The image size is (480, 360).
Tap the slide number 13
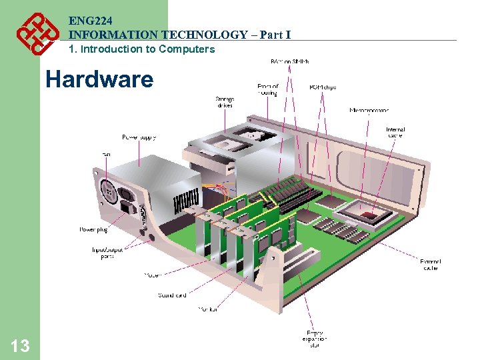20,345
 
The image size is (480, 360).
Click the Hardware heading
99,79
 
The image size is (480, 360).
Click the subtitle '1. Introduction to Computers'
142,49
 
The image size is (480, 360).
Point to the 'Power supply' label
139,137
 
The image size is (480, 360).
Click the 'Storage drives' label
224,102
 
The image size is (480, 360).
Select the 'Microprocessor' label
369,110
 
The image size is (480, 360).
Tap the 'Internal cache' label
395,133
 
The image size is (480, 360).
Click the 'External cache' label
430,264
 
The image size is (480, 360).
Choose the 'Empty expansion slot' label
315,339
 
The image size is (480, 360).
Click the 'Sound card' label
172,295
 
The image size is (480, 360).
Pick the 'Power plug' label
93,229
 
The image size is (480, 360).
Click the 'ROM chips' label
323,86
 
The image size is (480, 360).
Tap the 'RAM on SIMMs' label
289,61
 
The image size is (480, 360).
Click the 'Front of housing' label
267,89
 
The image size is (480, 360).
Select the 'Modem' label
153,275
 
